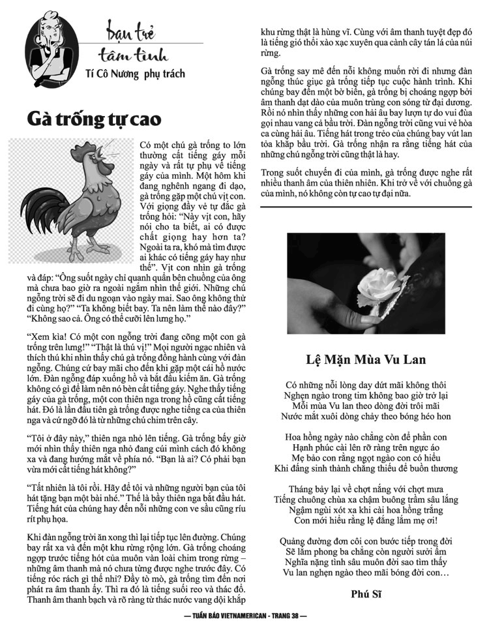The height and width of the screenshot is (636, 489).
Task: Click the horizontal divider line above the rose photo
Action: point(366,206)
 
